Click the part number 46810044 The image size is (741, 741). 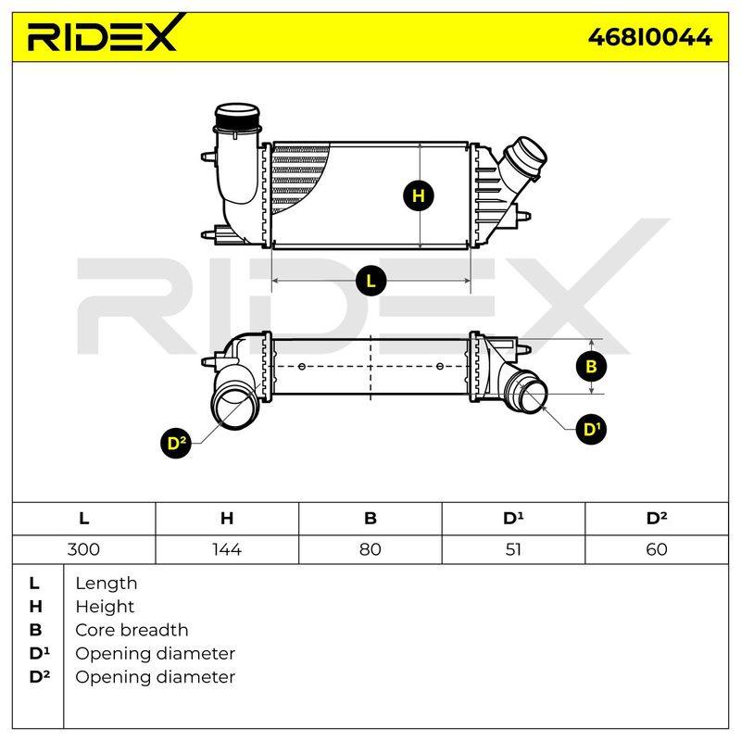pyautogui.click(x=650, y=37)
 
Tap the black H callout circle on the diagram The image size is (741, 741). pyautogui.click(x=419, y=195)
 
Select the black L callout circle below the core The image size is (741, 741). pyautogui.click(x=371, y=281)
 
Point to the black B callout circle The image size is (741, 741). pyautogui.click(x=591, y=366)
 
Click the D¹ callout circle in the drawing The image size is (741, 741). pyautogui.click(x=591, y=429)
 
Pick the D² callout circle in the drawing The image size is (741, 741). pyautogui.click(x=176, y=443)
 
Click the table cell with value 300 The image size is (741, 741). pyautogui.click(x=83, y=549)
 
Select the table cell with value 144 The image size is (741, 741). pyautogui.click(x=227, y=549)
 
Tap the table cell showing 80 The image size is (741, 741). pyautogui.click(x=370, y=549)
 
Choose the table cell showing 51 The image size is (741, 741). pyautogui.click(x=513, y=549)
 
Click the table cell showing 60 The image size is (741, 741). pyautogui.click(x=657, y=549)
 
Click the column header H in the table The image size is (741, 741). pyautogui.click(x=227, y=519)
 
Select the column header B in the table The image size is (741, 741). pyautogui.click(x=370, y=519)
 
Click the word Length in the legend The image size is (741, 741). pyautogui.click(x=107, y=584)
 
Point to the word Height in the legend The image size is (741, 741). pyautogui.click(x=105, y=607)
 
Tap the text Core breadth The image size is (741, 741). pyautogui.click(x=132, y=630)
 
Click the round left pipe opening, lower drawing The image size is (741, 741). pyautogui.click(x=235, y=406)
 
